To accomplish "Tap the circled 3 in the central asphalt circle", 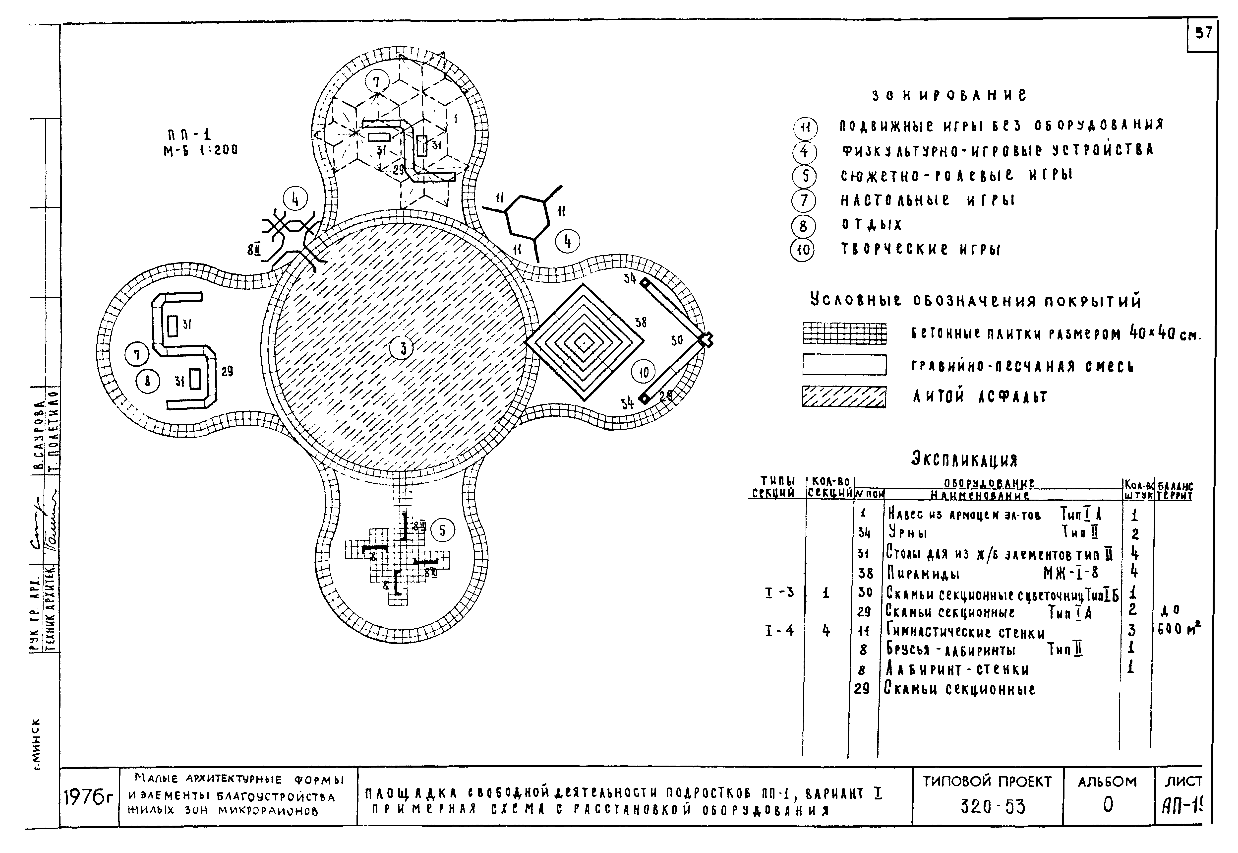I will tap(403, 348).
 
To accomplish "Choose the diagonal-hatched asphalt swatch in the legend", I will tap(844, 396).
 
